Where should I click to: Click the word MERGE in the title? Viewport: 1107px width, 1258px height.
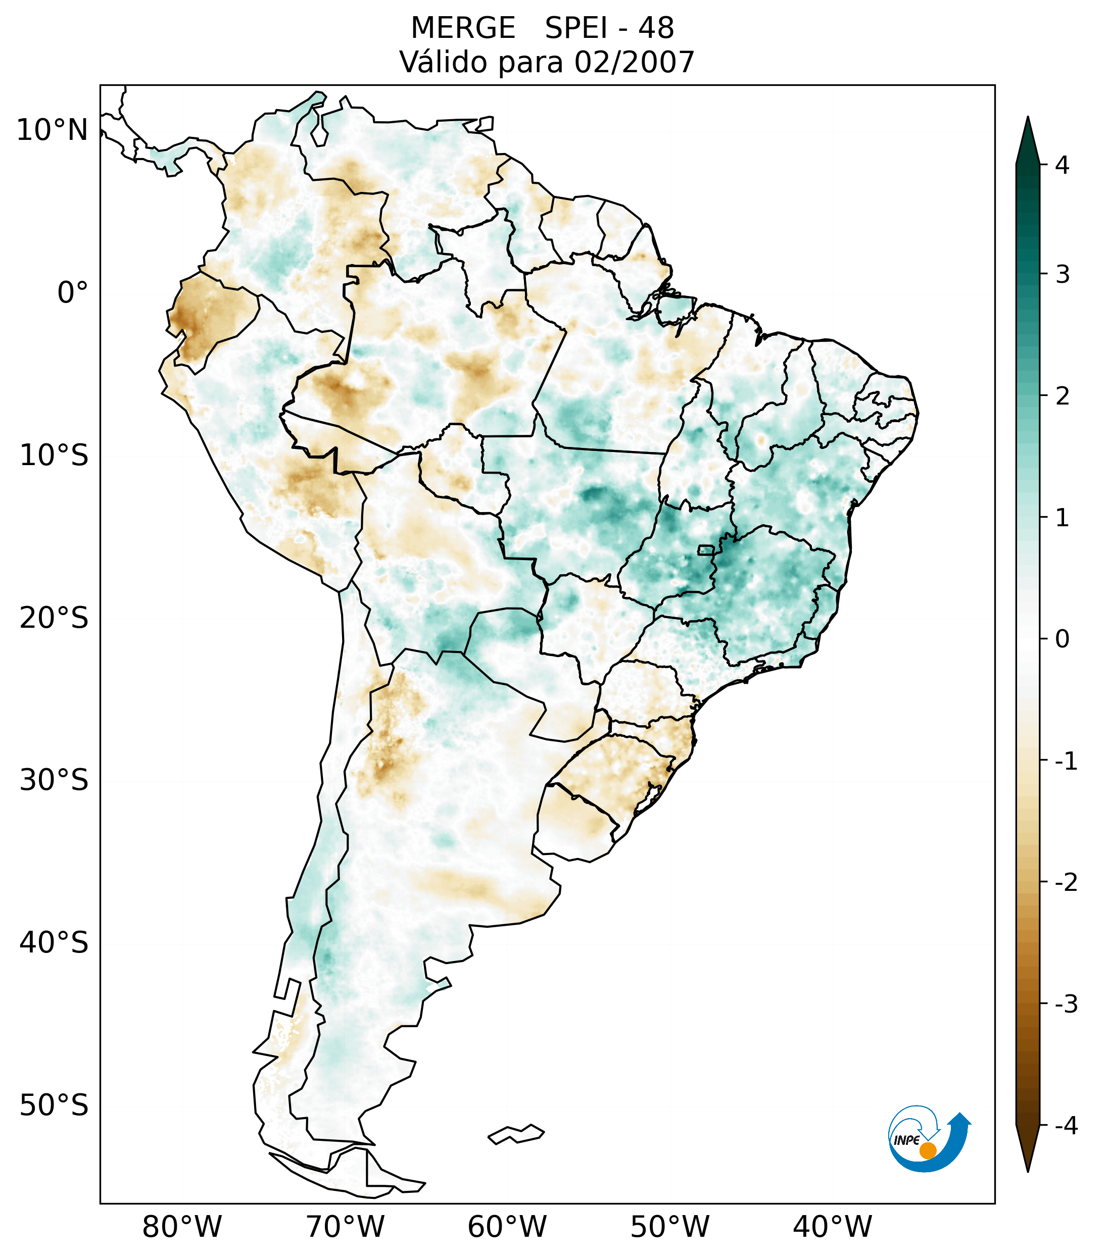point(462,28)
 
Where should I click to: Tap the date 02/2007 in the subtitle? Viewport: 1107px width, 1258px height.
point(634,62)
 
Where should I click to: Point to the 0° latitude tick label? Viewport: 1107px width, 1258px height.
point(73,293)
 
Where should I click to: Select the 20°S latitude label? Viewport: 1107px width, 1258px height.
point(54,618)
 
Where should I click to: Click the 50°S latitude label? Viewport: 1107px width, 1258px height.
point(54,1105)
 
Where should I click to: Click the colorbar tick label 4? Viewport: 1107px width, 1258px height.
point(1062,165)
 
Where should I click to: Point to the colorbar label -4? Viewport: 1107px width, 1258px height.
point(1066,1126)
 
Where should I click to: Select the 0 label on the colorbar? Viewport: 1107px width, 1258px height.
point(1062,639)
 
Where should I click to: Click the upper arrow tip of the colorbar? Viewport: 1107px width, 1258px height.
point(1027,121)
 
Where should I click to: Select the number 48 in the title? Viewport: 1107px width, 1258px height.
point(656,28)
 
